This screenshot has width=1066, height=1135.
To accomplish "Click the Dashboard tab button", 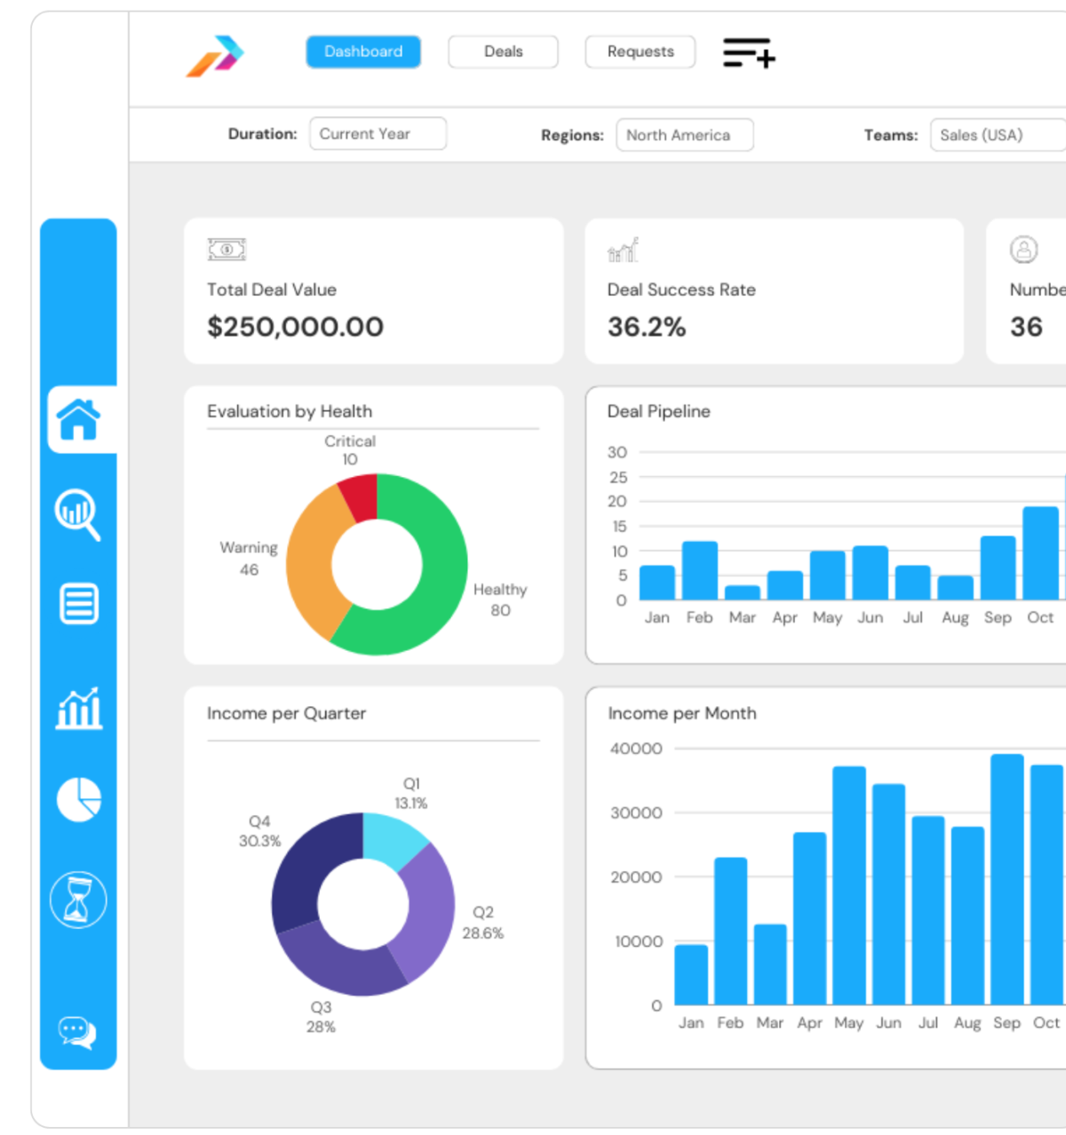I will pyautogui.click(x=363, y=52).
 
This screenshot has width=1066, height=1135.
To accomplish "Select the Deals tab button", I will pyautogui.click(x=503, y=52).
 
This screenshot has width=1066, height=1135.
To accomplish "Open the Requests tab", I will pyautogui.click(x=640, y=52).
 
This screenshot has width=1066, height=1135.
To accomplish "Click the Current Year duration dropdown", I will pyautogui.click(x=378, y=134).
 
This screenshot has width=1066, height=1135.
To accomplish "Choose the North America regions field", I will pyautogui.click(x=684, y=135).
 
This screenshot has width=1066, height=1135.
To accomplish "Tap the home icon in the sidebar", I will pyautogui.click(x=78, y=419).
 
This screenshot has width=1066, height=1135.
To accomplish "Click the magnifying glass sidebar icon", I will pyautogui.click(x=78, y=513).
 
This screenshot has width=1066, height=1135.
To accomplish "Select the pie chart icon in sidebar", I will pyautogui.click(x=79, y=799).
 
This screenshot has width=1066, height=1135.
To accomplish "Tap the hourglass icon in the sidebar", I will pyautogui.click(x=78, y=900).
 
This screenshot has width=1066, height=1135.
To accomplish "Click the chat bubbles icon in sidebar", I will pyautogui.click(x=77, y=1032).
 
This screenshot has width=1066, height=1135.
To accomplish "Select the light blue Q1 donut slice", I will pyautogui.click(x=393, y=839).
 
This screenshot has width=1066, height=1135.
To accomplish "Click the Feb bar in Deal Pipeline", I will pyautogui.click(x=699, y=571).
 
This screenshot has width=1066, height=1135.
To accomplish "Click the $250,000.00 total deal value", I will pyautogui.click(x=295, y=327).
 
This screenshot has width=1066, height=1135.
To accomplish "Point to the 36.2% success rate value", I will pyautogui.click(x=646, y=327).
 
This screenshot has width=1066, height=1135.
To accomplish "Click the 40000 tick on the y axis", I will pyautogui.click(x=636, y=749).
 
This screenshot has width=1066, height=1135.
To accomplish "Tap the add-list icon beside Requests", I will pyautogui.click(x=749, y=53).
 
